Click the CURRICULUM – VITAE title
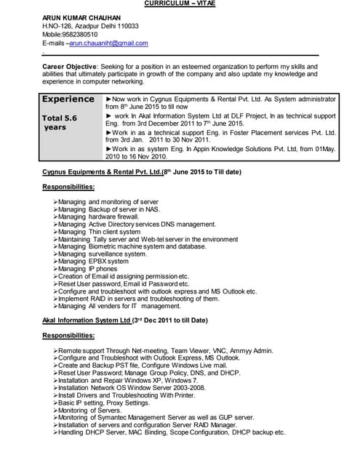[180, 4]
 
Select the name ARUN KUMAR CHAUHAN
[81, 17]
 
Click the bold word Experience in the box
[68, 99]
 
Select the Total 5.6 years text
[60, 122]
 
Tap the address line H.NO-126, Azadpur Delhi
[90, 25]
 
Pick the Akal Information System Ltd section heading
[87, 320]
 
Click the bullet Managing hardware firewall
[98, 217]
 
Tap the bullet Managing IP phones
[87, 269]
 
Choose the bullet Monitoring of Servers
[91, 411]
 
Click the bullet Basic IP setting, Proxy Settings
[104, 403]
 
